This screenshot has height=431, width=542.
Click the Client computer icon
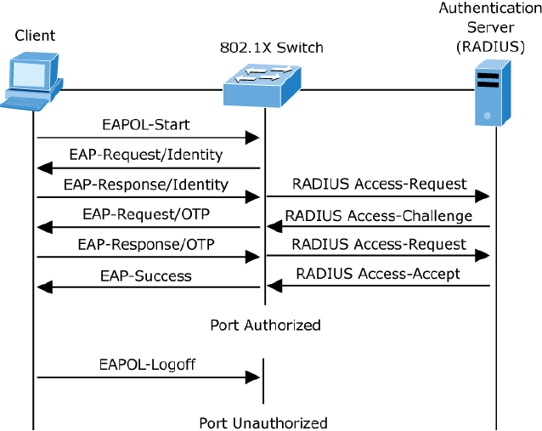(31, 80)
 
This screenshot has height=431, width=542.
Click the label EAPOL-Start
(145, 124)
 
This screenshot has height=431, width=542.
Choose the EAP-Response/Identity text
(146, 184)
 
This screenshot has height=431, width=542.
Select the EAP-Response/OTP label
(146, 245)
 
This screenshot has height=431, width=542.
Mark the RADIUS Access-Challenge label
(379, 215)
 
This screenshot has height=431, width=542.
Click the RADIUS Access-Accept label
(378, 273)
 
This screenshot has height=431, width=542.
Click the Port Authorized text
(266, 325)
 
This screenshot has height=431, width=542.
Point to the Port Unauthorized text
(263, 422)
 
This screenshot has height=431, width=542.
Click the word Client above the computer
(35, 35)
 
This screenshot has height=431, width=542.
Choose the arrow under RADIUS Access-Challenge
(379, 227)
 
